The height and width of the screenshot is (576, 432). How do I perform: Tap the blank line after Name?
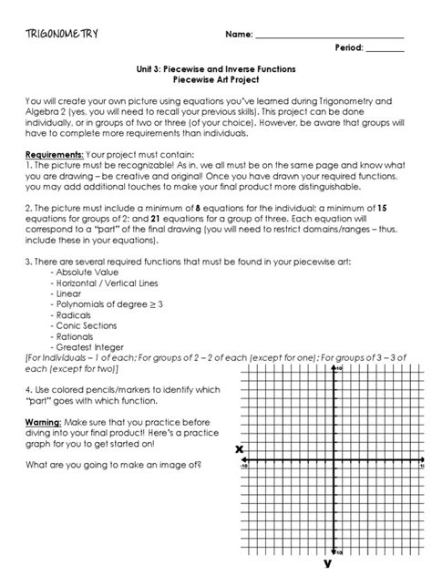(x=329, y=36)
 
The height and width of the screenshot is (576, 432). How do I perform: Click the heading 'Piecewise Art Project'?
(x=216, y=79)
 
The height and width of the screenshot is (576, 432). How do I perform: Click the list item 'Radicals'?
(x=75, y=320)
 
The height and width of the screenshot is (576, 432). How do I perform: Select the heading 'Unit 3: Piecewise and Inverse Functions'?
(x=216, y=68)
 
